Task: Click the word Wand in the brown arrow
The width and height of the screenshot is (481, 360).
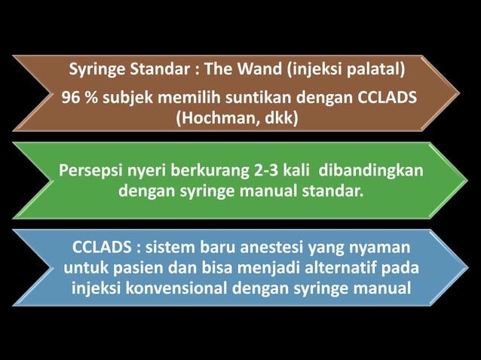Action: coord(253,72)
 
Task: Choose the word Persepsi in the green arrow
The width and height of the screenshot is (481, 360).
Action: coord(93,171)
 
